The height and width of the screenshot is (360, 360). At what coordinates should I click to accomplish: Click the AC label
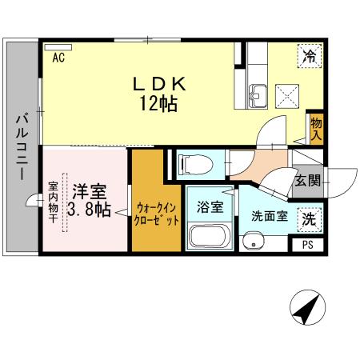pos(58,58)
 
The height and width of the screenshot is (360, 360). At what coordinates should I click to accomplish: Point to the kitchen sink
pos(258,94)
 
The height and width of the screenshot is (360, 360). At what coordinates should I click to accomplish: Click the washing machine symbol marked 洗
pos(309,217)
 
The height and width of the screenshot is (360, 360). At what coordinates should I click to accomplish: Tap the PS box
pos(308,246)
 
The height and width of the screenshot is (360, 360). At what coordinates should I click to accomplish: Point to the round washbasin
pos(255,239)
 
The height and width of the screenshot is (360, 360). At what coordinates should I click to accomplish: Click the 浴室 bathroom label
pos(210,207)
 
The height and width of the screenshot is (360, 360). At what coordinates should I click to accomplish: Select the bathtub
pos(209,238)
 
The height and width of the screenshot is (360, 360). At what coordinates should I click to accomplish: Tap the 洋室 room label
pos(90,191)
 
